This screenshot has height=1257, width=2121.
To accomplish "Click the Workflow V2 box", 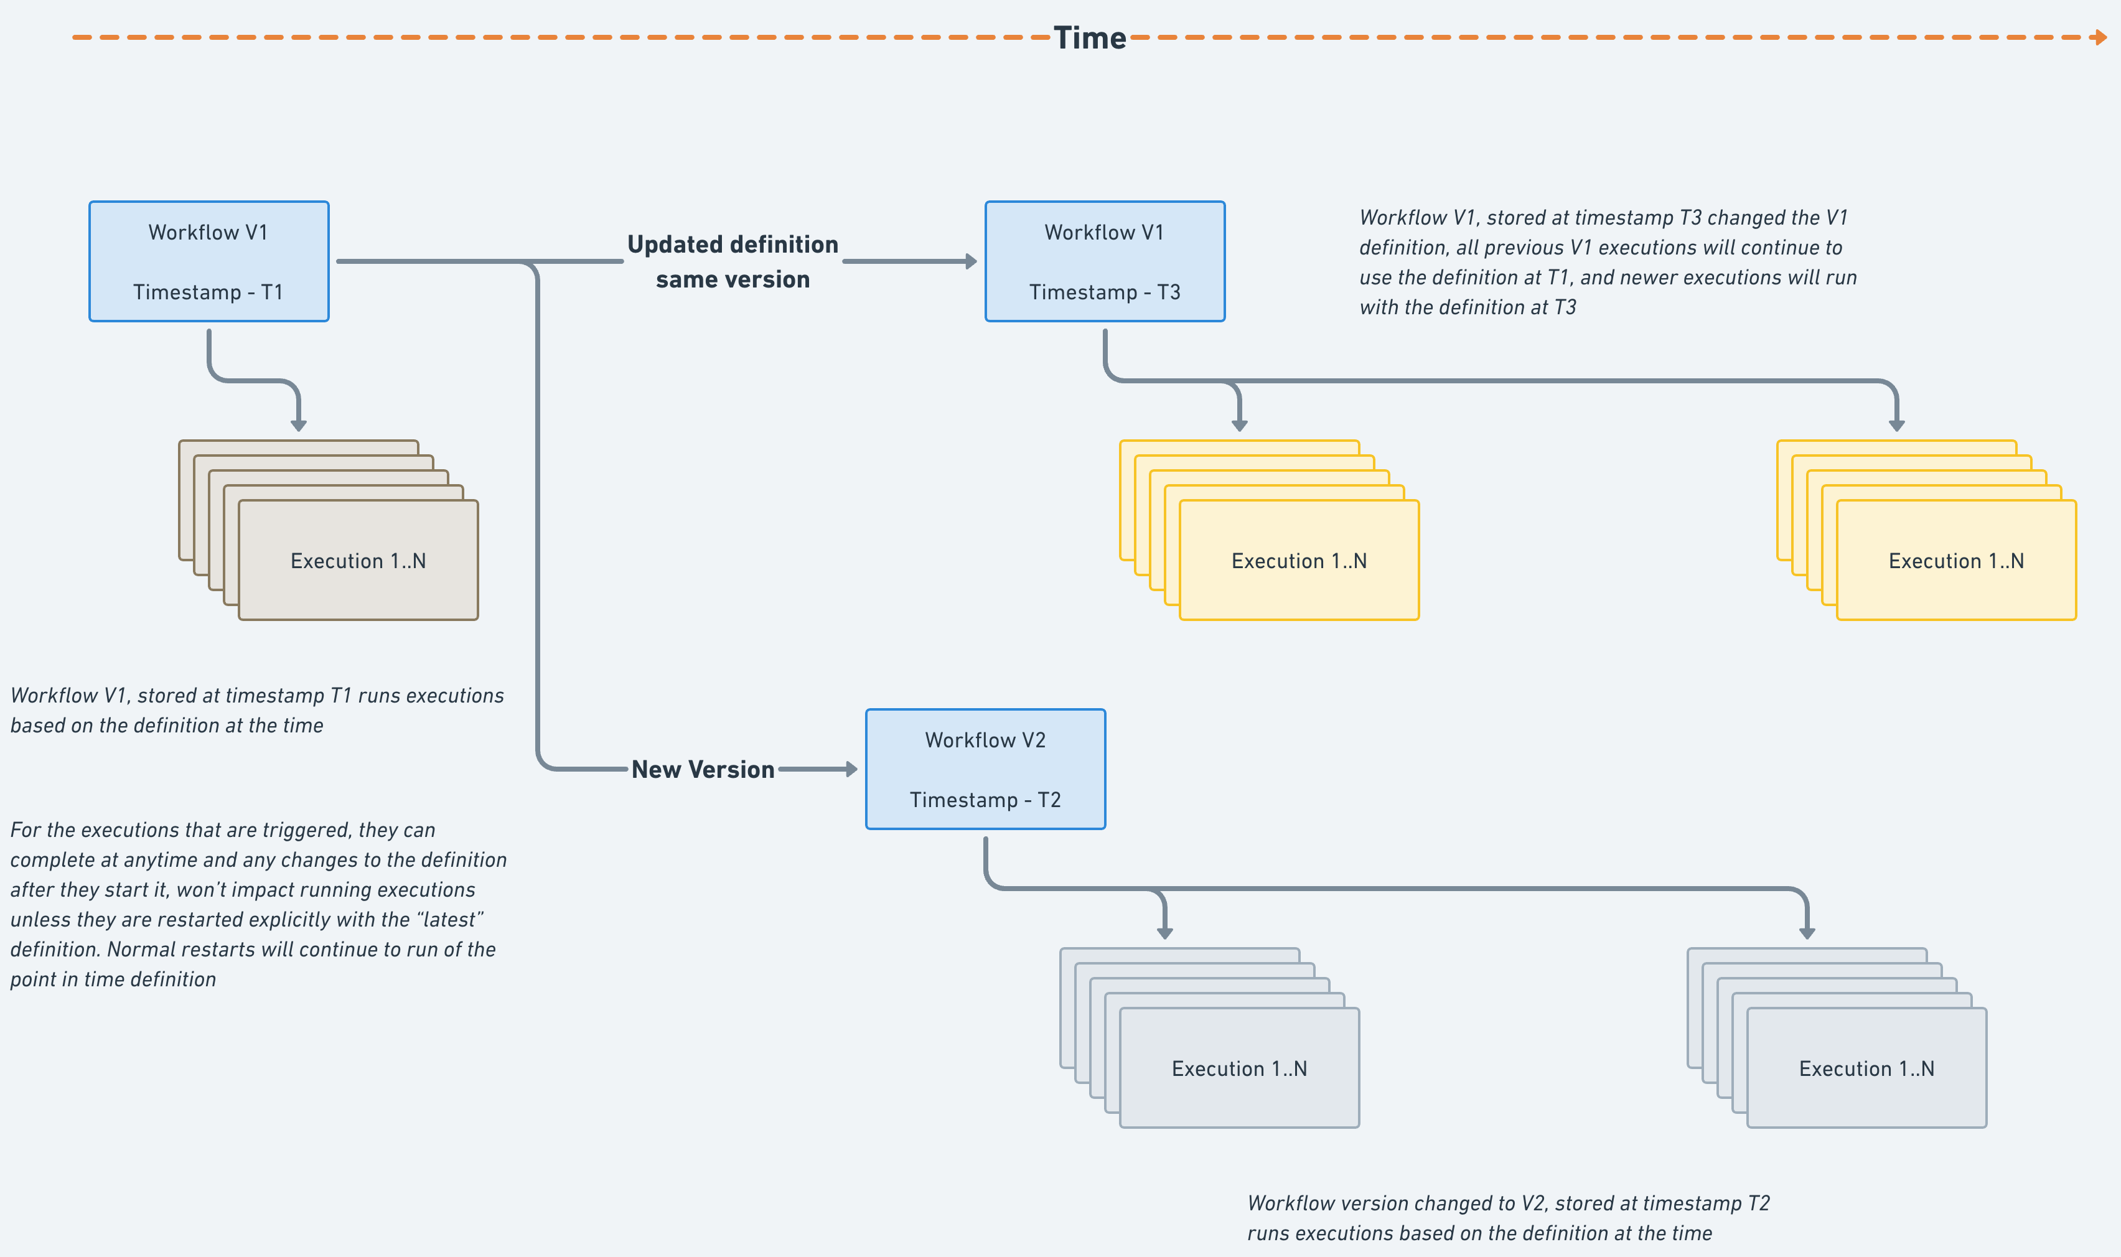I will coord(985,769).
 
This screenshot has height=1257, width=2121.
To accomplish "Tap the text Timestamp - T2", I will coord(985,800).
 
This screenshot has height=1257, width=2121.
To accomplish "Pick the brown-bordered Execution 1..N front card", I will coord(358,561).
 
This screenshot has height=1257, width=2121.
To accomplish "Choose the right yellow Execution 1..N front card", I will coord(1956,561).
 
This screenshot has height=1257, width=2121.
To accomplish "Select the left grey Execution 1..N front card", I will coord(1239,1068).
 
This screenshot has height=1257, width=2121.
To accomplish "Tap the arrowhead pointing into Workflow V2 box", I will coord(851,769).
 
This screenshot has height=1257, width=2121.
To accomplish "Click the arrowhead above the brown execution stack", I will coord(298,424).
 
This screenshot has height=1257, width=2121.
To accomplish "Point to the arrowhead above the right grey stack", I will coord(1807,933).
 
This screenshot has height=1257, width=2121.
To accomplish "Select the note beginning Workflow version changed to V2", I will coord(1508,1218).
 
